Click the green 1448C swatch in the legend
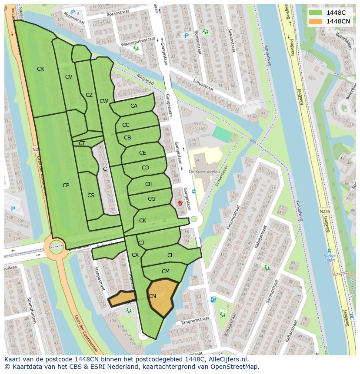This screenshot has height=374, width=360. point(315,13)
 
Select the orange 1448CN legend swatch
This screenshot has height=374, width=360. point(315,21)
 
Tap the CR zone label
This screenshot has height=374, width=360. point(40,69)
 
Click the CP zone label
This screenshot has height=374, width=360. point(66,185)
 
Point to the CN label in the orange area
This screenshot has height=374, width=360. point(152,296)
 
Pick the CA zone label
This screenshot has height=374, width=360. point(134,106)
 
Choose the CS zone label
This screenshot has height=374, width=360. point(91,195)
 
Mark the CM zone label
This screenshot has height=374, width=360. point(165,271)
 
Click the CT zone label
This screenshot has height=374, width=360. point(82,143)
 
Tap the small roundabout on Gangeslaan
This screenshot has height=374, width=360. point(194,219)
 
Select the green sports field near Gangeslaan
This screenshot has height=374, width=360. point(222,134)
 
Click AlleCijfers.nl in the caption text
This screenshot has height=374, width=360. point(226,359)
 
